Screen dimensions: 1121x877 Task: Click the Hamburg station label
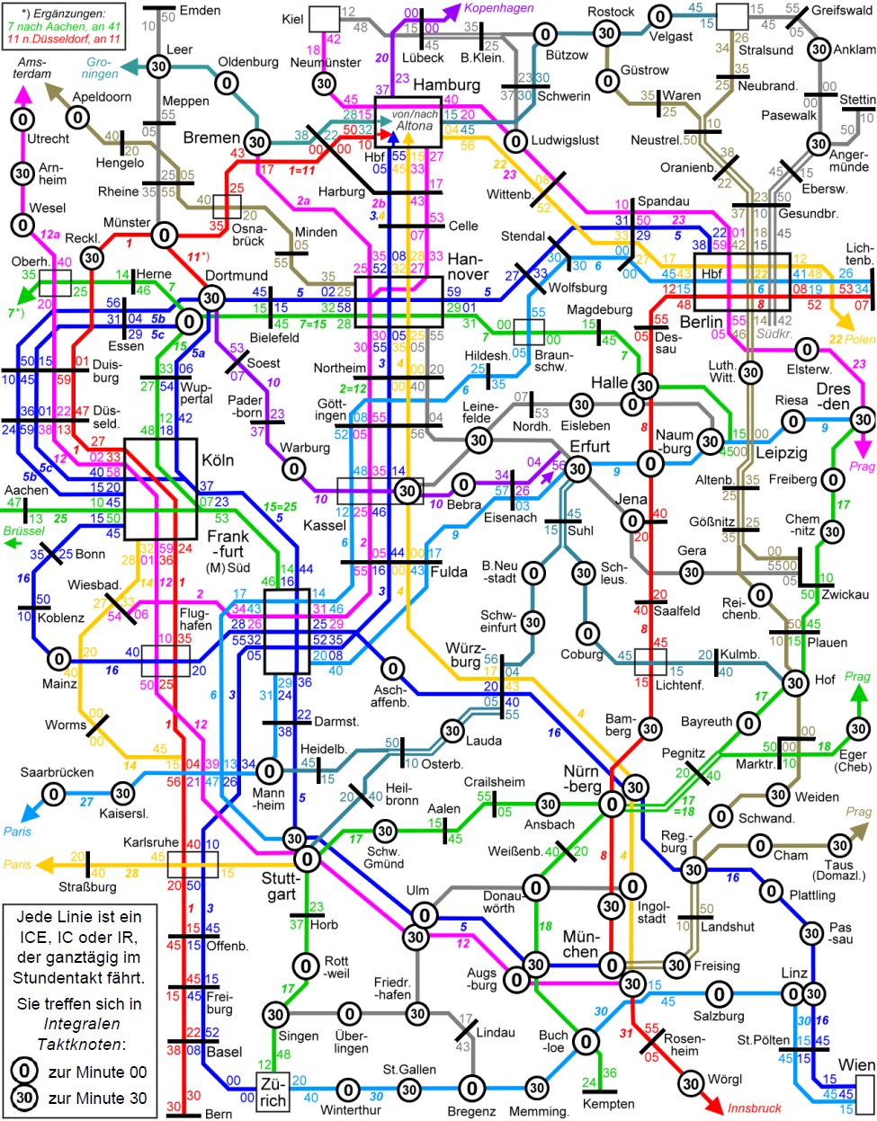pos(446,85)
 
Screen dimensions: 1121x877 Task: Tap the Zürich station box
pos(273,1091)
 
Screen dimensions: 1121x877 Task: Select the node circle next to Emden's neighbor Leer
pos(158,67)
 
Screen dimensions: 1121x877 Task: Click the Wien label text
pos(856,1065)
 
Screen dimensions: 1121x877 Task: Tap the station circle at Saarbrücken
pos(54,794)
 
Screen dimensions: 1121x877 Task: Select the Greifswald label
pos(842,12)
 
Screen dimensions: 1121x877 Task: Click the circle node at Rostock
pos(606,33)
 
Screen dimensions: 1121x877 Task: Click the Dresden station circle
pos(863,420)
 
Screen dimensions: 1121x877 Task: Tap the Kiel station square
pos(324,19)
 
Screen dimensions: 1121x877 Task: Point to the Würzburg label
pos(465,655)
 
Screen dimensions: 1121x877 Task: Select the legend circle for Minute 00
pos(24,1072)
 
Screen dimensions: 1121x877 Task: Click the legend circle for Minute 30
pos(24,1099)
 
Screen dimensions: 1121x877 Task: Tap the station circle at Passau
pos(811,933)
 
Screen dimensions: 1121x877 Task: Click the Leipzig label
pos(781,452)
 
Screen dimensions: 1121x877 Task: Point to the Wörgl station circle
pos(691,1083)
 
